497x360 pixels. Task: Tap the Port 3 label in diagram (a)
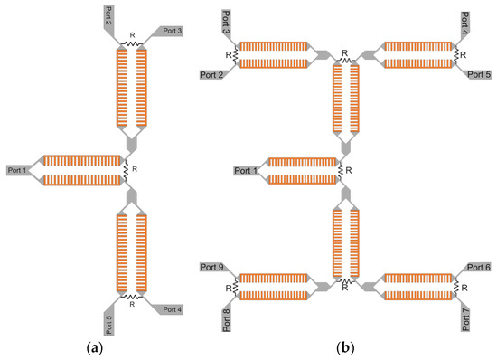point(173,30)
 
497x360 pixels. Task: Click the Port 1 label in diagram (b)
point(245,170)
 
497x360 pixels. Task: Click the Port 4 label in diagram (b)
point(464,19)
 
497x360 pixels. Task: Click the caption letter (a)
point(126,347)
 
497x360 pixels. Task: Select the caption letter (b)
point(342,347)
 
